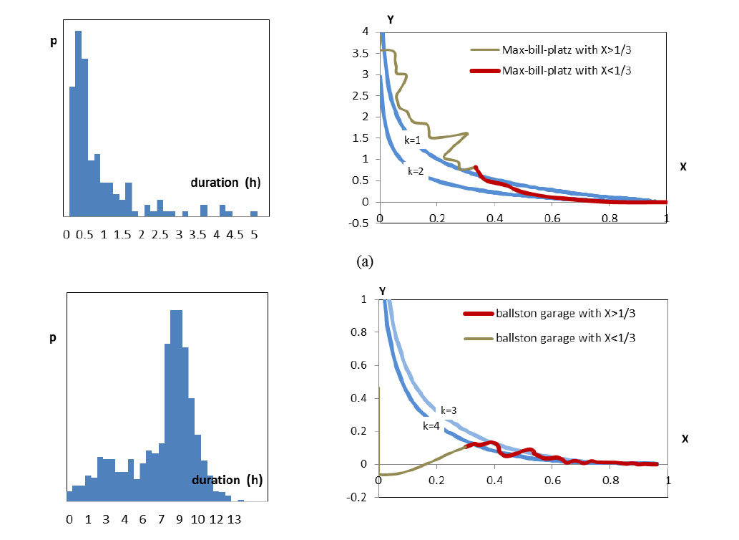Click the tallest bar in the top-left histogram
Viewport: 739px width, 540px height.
tap(79, 123)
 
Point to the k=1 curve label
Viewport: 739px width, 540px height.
tap(412, 141)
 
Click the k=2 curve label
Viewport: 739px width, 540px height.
tap(416, 172)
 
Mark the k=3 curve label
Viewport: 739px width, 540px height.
tap(449, 410)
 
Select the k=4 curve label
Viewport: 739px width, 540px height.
tap(431, 425)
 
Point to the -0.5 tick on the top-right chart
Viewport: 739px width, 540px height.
tap(363, 223)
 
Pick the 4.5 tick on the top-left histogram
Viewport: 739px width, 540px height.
tap(235, 233)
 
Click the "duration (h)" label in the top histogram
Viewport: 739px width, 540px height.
tap(225, 183)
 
